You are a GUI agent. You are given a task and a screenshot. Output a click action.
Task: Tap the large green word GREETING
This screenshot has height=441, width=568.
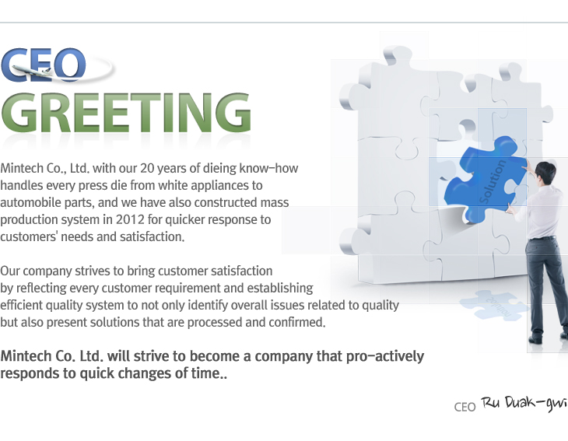126,113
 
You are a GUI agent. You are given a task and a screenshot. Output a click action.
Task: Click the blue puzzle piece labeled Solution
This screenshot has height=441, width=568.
486,179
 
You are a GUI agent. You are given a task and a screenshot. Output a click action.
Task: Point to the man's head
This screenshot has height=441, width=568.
545,173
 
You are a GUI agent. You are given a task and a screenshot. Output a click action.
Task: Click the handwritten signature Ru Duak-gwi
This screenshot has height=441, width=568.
524,404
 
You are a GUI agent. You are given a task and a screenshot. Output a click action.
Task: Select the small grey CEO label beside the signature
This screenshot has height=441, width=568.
465,407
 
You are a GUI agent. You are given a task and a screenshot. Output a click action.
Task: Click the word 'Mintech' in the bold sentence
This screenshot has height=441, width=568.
26,356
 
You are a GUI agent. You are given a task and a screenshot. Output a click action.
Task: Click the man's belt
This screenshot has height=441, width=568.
542,238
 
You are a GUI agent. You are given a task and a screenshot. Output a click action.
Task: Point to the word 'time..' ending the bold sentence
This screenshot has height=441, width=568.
209,373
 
